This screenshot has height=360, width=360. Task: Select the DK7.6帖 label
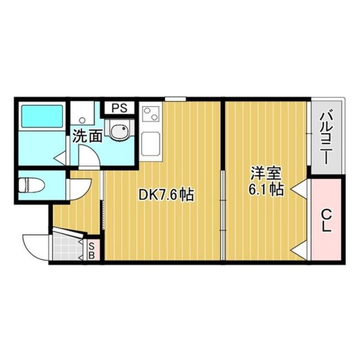[166, 195]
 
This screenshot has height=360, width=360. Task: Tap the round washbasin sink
[119, 133]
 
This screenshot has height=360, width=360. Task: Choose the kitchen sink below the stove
[150, 143]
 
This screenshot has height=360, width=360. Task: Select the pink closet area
[326, 219]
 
